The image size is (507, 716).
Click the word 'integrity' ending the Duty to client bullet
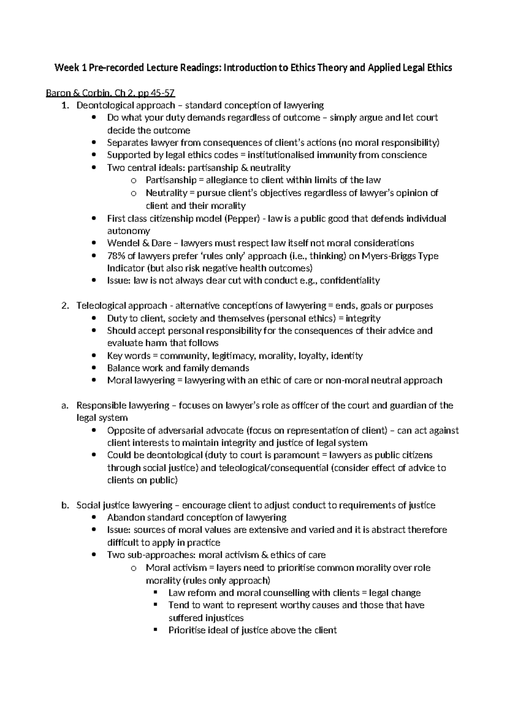363,318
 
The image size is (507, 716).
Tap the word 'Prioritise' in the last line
188,630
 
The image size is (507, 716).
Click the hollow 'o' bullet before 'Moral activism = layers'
134,568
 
